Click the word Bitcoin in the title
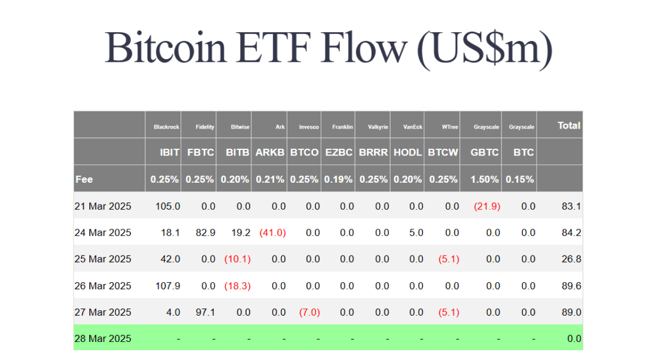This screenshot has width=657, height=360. point(165,48)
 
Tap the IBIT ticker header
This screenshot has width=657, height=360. point(170,153)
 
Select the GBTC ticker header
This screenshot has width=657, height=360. point(485,153)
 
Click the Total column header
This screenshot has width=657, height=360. point(569,125)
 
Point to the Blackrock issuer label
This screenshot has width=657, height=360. point(166,127)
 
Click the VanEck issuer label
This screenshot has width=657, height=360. point(413,127)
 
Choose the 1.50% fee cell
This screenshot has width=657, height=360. point(485,179)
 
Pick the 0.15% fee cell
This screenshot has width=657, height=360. point(520,179)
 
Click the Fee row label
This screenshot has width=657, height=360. point(84,179)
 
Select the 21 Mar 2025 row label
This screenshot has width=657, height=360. point(103,206)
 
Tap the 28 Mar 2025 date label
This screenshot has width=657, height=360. point(103,339)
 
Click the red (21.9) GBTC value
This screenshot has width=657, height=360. point(487,206)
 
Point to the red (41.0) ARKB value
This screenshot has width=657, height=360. point(273,233)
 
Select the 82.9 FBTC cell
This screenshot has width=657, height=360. point(205,233)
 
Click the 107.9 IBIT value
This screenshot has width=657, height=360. point(168,286)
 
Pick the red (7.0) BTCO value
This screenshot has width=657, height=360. point(309,312)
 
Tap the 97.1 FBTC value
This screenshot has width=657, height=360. point(205,312)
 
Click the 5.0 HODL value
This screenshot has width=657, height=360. point(416,233)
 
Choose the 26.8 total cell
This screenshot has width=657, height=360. point(572,259)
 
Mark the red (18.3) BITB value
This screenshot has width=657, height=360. point(238,286)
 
